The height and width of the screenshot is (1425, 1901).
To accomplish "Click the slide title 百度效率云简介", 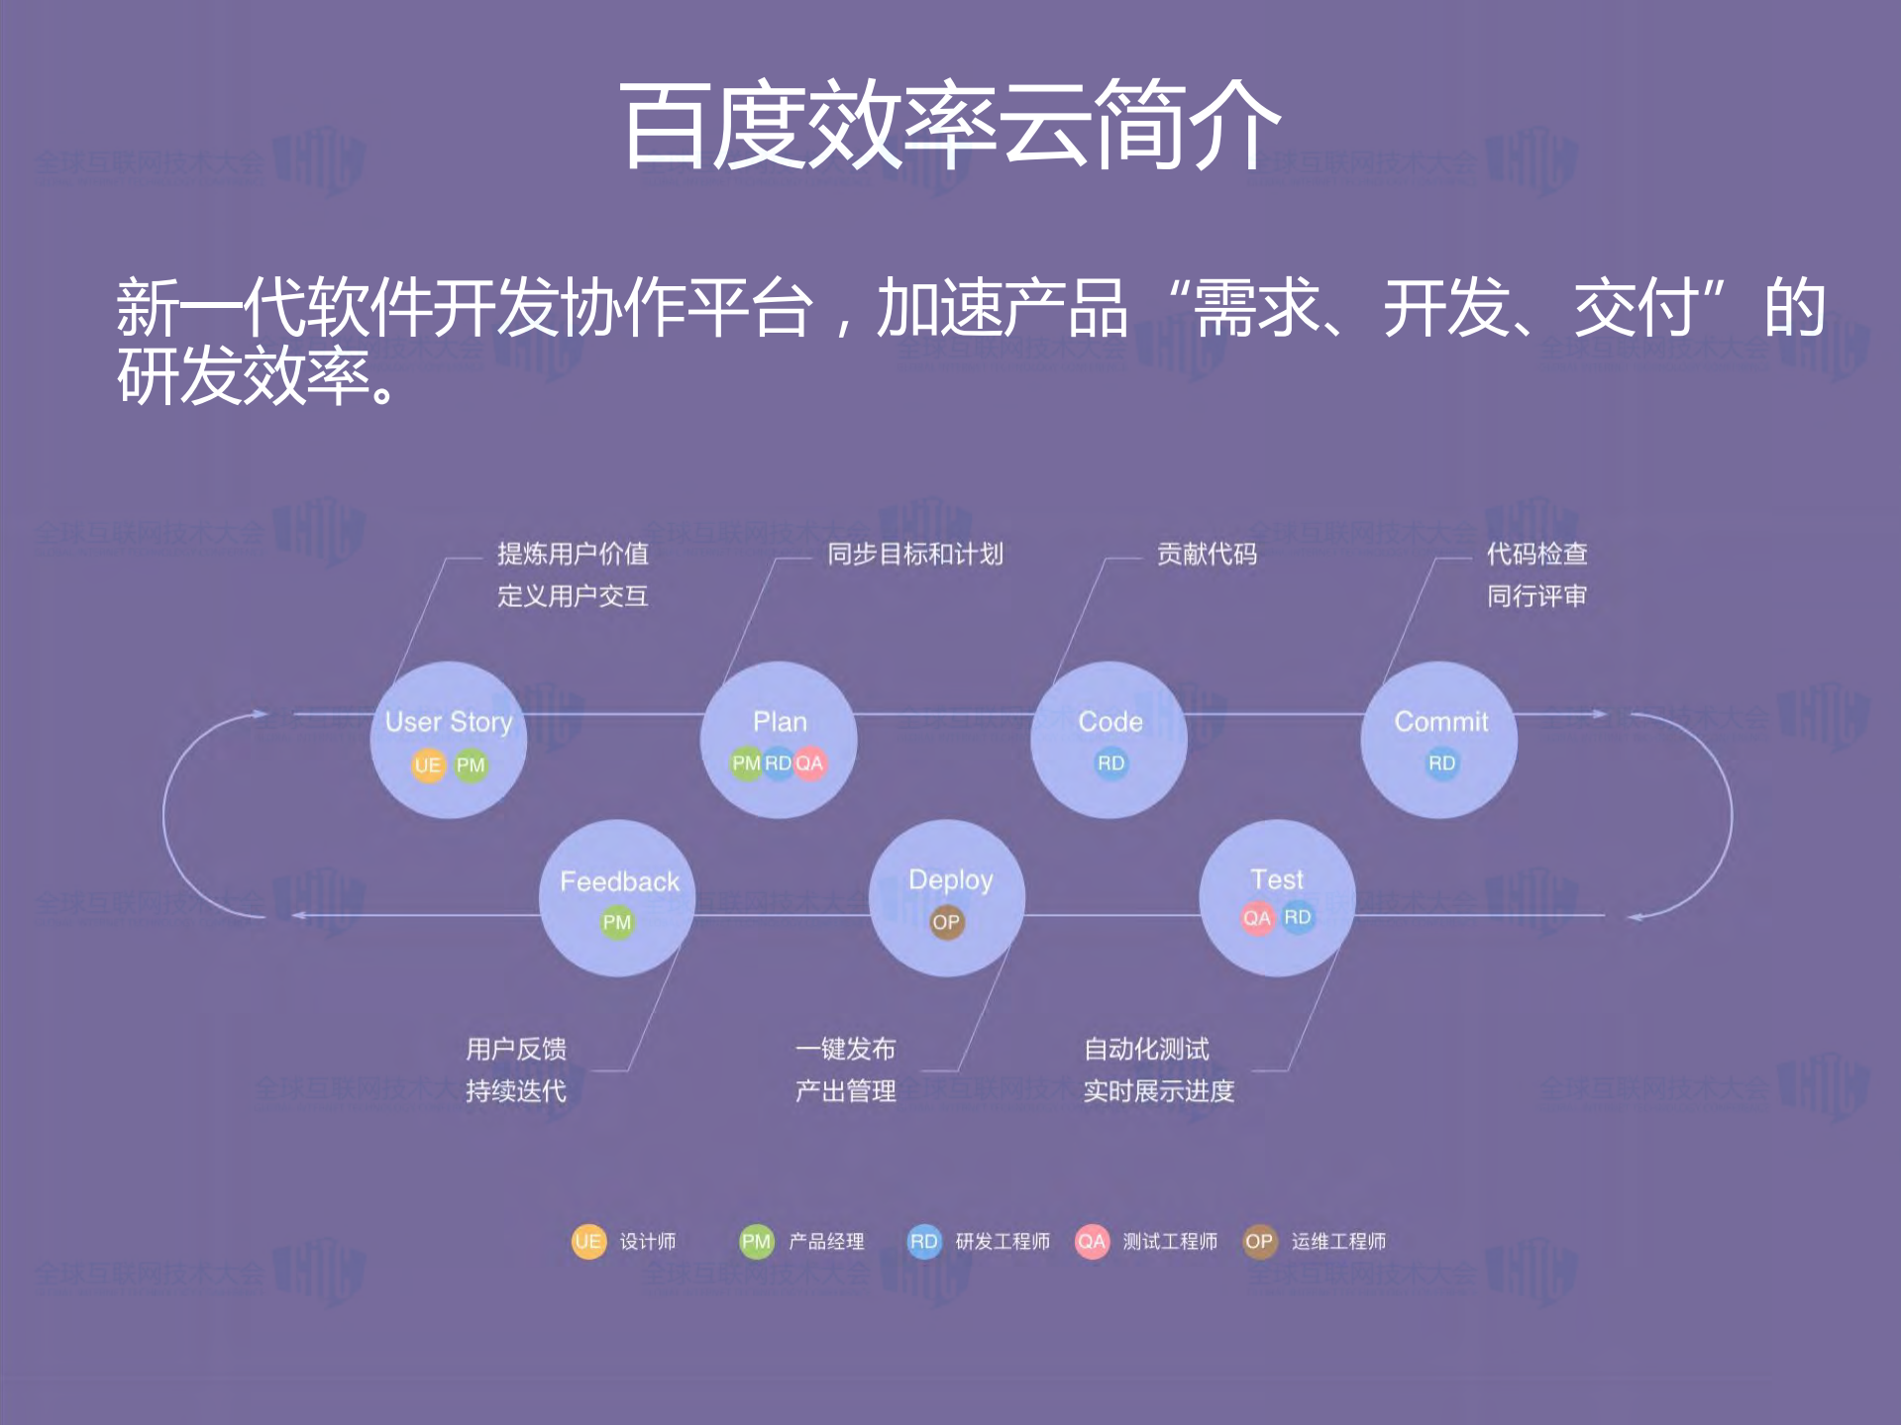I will coord(949,126).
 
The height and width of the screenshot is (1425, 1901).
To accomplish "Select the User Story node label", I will coord(449,722).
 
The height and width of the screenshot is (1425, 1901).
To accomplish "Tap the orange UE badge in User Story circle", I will coord(428,764).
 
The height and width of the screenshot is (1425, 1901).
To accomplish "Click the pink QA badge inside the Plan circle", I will coord(809,763).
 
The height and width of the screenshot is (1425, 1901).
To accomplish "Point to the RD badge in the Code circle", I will coord(1110,763).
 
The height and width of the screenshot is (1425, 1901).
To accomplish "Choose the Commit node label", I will coord(1440,722).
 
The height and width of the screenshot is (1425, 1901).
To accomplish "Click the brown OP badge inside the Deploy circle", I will coord(946,922).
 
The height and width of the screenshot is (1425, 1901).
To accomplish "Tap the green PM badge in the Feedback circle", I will coord(616,922).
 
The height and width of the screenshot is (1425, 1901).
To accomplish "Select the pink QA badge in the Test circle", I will coord(1256,918).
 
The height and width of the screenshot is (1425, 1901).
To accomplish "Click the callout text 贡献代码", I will coord(1207,554).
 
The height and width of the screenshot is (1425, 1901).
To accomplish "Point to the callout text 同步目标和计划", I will coord(915,554).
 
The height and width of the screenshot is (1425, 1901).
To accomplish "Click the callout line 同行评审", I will coord(1536,596).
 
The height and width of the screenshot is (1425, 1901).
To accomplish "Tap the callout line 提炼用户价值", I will coord(573,554).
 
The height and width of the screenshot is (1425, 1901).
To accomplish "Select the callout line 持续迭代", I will coord(516,1090).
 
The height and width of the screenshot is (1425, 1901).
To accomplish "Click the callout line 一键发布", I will coord(845,1049).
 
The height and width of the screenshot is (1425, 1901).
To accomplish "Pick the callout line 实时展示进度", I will coord(1158,1090).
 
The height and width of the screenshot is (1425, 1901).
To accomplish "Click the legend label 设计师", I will coord(648,1241).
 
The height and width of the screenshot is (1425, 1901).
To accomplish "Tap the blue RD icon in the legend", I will coord(923,1241).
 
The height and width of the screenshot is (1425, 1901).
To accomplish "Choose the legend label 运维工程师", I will coord(1338,1241).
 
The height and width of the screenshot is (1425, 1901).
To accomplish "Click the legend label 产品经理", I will coord(826,1241).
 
